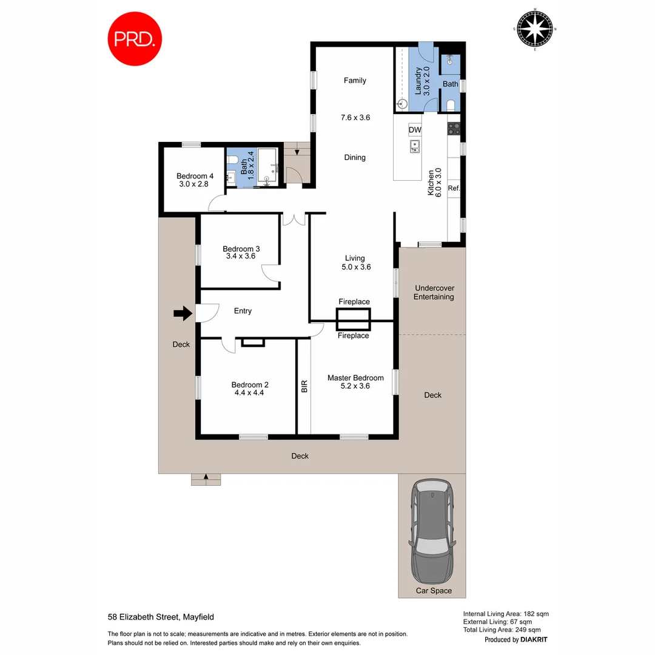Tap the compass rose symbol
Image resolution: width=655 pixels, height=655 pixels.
click(534, 29)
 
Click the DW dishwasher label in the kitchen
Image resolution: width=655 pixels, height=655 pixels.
click(415, 130)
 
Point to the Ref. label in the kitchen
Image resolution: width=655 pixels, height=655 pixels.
click(454, 188)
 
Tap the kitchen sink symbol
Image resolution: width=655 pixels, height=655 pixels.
click(415, 146)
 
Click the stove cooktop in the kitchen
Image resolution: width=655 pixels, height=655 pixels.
click(454, 129)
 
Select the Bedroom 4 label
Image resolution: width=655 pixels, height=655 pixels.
click(190, 176)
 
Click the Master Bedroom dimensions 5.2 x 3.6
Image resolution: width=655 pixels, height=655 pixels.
click(355, 387)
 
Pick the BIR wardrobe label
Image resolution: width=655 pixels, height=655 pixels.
click(304, 386)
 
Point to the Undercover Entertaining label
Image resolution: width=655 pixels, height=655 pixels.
click(433, 292)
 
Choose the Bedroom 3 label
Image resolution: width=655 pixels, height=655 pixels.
click(241, 249)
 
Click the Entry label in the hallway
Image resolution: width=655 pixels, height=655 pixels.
click(243, 311)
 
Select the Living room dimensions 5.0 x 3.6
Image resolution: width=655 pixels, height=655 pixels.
click(355, 267)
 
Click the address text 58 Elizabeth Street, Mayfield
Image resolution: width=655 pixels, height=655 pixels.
click(161, 617)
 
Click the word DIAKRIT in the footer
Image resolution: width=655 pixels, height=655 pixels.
click(534, 640)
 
